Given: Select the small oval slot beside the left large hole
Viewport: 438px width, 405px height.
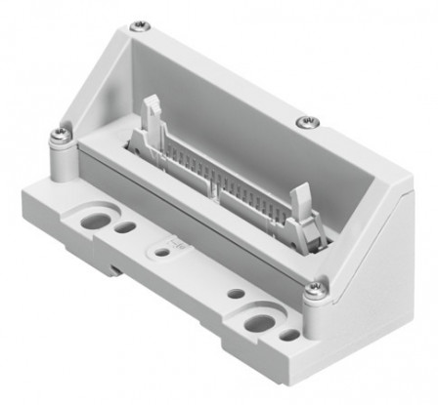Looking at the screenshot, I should (x=125, y=227).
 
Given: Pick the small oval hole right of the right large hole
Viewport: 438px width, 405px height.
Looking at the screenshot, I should (x=290, y=335).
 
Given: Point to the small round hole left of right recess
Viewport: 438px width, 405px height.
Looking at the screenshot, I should (x=235, y=292).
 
